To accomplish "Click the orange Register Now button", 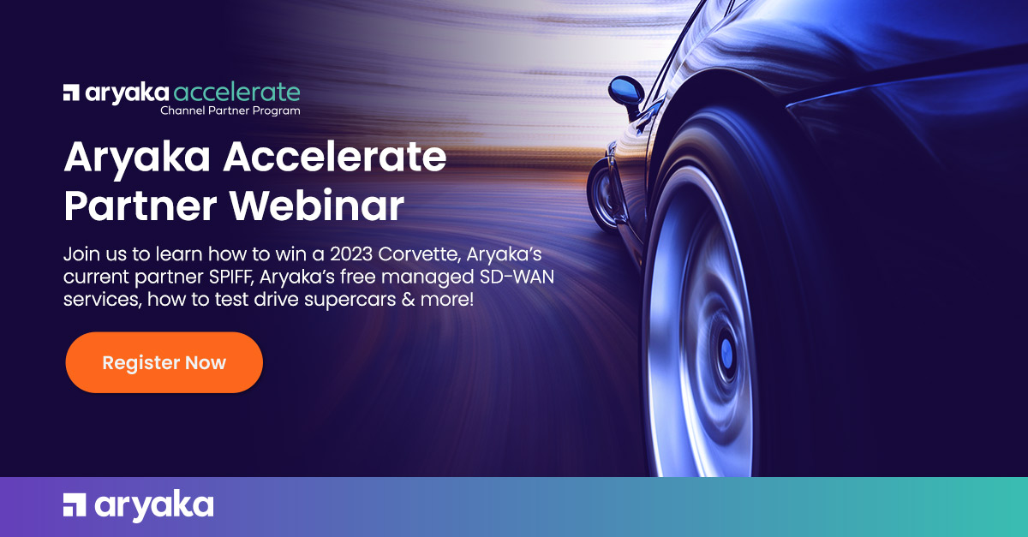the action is [164, 362].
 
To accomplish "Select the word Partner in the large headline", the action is [140, 206].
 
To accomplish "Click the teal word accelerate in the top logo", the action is [236, 92].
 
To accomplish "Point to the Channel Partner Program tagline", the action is [230, 110].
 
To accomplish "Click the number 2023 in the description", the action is [351, 254].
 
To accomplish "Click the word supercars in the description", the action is [350, 300].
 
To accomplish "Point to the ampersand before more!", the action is [408, 299].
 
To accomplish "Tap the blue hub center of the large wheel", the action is [727, 353].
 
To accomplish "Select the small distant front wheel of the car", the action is [602, 195].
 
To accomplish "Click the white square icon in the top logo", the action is [71, 92].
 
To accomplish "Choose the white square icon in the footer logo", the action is [75, 504].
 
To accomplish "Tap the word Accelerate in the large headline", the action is [335, 157].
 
